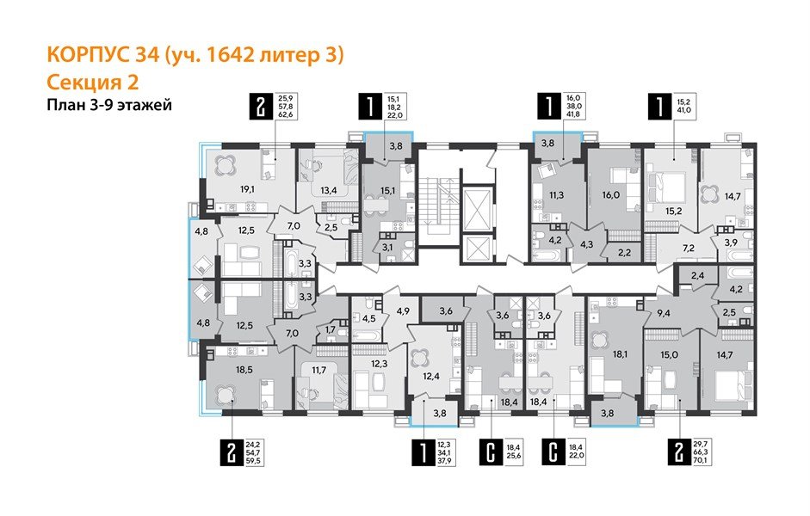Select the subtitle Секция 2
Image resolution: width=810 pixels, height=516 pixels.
click(90, 82)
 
